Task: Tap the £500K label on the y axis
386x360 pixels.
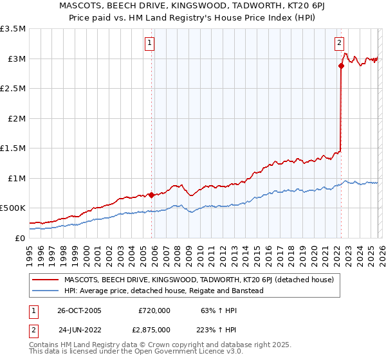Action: (13, 208)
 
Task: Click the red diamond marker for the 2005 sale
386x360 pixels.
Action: (152, 195)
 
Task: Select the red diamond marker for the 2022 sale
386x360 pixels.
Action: (341, 66)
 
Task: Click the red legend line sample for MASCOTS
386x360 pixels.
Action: (45, 280)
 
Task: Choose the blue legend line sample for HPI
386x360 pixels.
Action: (45, 291)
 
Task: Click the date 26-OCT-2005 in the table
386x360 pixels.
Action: (80, 310)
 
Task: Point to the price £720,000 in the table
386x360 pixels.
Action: (154, 310)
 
